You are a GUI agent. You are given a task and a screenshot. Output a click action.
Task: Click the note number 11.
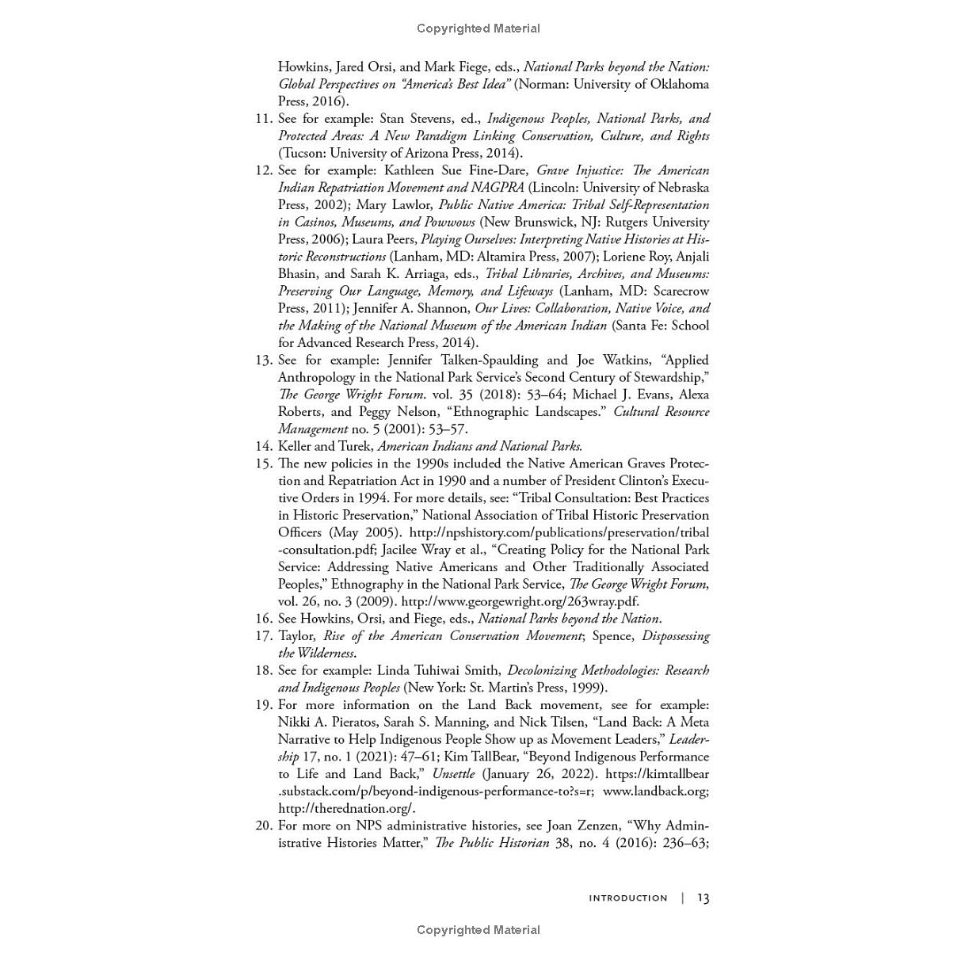click(x=263, y=119)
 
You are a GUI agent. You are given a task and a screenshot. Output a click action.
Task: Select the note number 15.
click(x=263, y=463)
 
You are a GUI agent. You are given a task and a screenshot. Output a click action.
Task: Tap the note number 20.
click(x=263, y=825)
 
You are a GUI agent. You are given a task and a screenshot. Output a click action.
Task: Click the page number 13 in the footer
click(x=703, y=898)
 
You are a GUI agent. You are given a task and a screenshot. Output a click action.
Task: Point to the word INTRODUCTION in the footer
click(x=627, y=898)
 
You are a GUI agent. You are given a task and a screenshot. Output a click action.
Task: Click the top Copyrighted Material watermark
click(x=478, y=29)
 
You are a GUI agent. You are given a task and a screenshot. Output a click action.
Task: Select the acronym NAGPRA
click(x=497, y=188)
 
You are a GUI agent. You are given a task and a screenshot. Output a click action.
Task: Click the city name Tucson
click(x=303, y=153)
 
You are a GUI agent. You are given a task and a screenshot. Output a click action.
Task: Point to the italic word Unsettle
click(x=453, y=774)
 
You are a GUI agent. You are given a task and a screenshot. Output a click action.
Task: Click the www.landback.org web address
click(x=655, y=791)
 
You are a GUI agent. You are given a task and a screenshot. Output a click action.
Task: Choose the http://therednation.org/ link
click(x=346, y=809)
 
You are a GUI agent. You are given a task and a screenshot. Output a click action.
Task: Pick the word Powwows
click(x=449, y=222)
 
